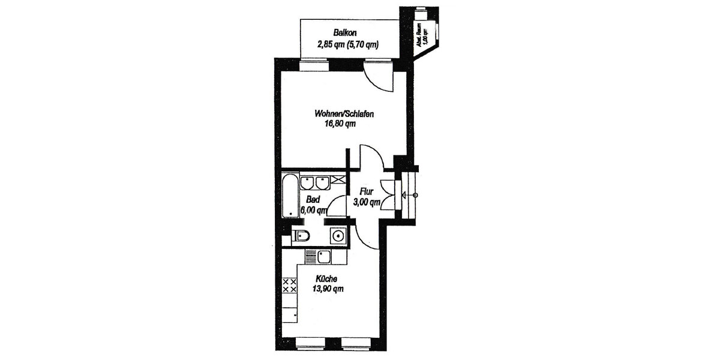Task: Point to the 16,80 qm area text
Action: (x=340, y=125)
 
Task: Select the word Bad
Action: (x=313, y=199)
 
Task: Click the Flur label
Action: (x=367, y=191)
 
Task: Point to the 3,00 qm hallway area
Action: (x=367, y=202)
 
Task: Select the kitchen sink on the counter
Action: (x=325, y=258)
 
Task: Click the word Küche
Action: (x=328, y=278)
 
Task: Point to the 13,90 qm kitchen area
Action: (x=328, y=289)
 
